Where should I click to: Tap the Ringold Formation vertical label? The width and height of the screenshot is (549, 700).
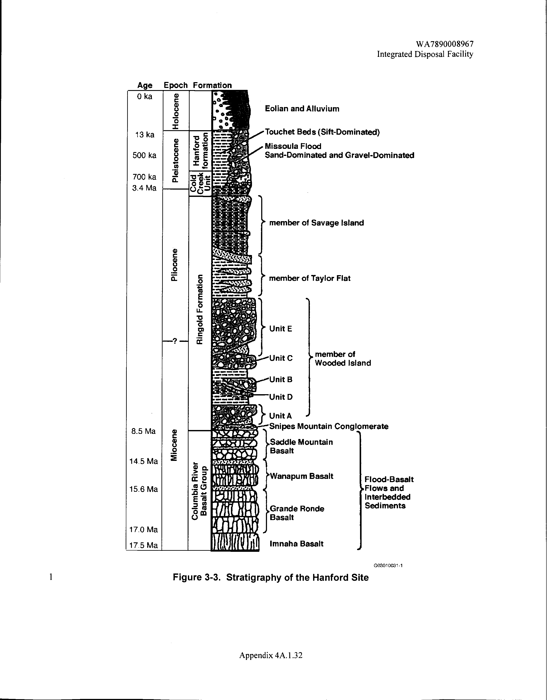click(200, 309)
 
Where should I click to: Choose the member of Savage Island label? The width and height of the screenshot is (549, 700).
click(316, 223)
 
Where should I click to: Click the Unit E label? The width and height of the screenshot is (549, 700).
click(281, 329)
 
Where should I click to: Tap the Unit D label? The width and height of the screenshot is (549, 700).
click(281, 397)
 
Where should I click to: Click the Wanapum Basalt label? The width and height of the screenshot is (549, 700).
click(302, 476)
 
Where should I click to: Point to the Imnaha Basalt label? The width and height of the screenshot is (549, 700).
click(296, 544)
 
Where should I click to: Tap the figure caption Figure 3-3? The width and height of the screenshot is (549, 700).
click(270, 578)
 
